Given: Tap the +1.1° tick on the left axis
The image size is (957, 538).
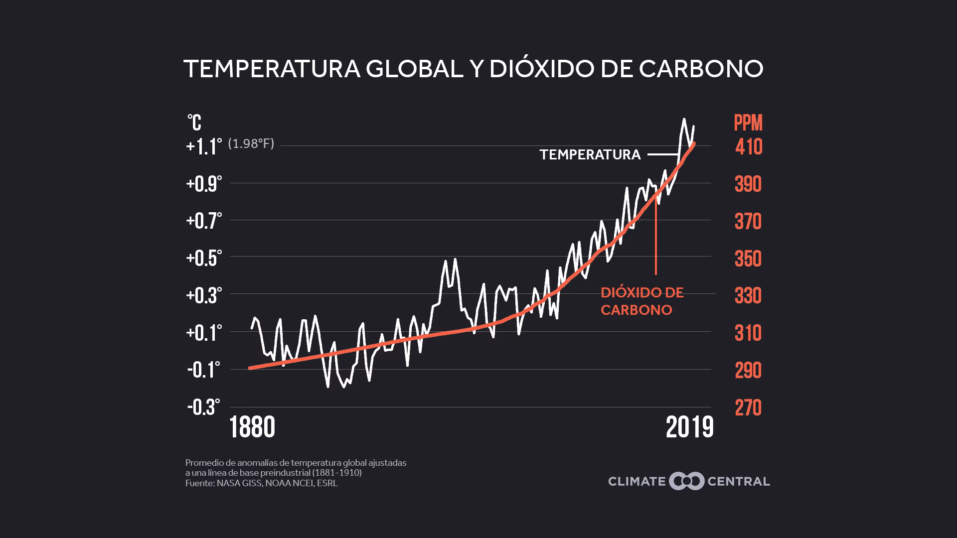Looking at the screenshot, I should pyautogui.click(x=204, y=146).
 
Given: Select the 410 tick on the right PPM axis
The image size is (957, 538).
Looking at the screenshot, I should pyautogui.click(x=748, y=146).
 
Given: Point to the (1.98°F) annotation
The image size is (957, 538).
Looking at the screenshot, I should pyautogui.click(x=251, y=144).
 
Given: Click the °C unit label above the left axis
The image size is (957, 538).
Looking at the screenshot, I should pyautogui.click(x=194, y=122).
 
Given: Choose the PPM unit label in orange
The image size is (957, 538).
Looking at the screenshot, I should pyautogui.click(x=748, y=123).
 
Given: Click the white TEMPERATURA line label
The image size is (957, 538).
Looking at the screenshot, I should pyautogui.click(x=590, y=155).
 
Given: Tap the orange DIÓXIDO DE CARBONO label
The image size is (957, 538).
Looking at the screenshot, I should pyautogui.click(x=641, y=301).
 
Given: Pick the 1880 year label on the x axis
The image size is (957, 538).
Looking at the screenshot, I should pyautogui.click(x=253, y=427).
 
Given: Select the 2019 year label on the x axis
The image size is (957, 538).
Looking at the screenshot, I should pyautogui.click(x=689, y=427).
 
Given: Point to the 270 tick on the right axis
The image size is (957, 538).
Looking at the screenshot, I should pyautogui.click(x=748, y=407).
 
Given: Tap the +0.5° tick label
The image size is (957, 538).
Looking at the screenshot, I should pyautogui.click(x=204, y=258).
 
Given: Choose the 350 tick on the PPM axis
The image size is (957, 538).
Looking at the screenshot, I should pyautogui.click(x=748, y=259).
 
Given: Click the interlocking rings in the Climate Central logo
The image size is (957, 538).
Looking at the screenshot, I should pyautogui.click(x=686, y=481).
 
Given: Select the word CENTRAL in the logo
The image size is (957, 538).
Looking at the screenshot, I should pyautogui.click(x=739, y=481).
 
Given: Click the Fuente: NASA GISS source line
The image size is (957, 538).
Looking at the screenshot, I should pyautogui.click(x=261, y=483).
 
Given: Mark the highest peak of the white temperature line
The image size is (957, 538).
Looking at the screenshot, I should pyautogui.click(x=684, y=119).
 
